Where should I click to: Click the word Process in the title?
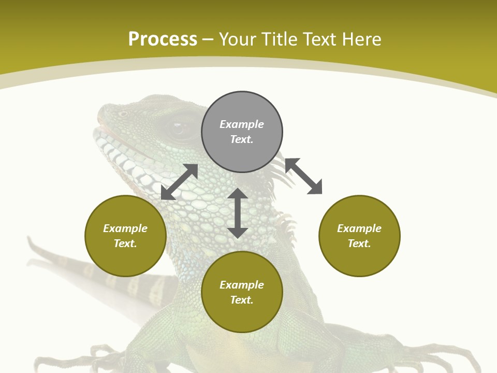point(163,39)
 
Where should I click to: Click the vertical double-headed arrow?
point(238,213)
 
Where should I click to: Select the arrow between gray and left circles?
point(180,182)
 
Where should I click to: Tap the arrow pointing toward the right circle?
point(303,176)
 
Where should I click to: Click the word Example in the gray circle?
point(242,124)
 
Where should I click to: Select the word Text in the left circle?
point(125,243)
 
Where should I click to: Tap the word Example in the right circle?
point(359,228)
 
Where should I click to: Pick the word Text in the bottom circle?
point(242,300)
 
